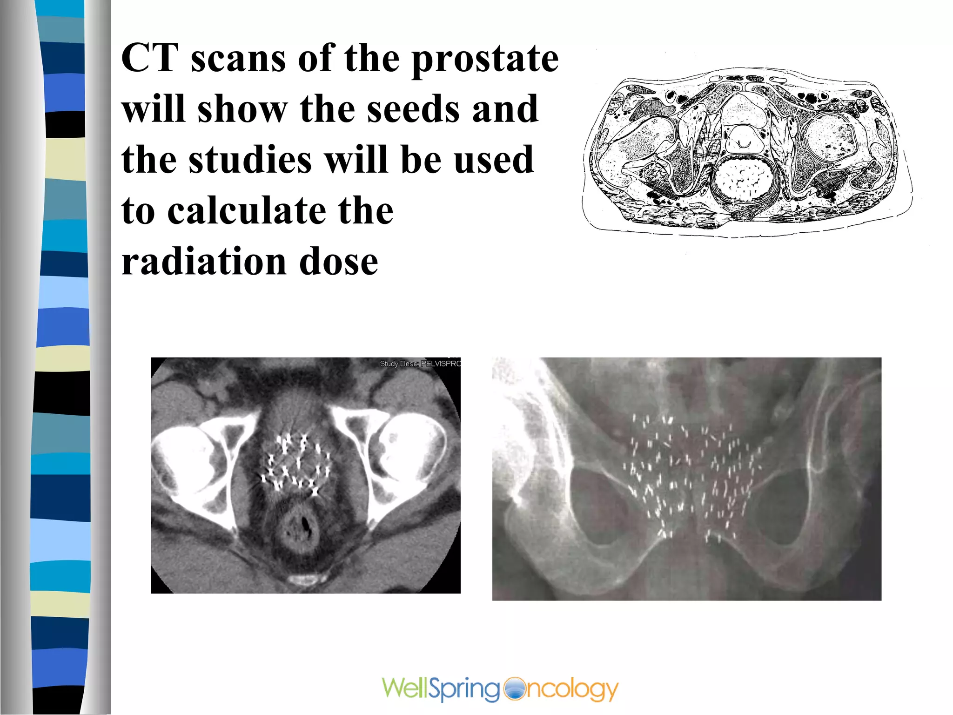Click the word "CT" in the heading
150,58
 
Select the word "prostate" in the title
485,60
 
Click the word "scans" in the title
238,59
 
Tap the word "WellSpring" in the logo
440,689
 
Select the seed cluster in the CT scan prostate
296,463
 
